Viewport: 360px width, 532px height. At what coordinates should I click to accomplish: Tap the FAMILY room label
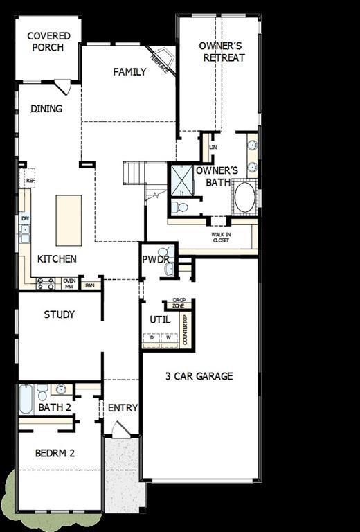coord(130,71)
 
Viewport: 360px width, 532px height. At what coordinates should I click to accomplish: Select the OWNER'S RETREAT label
coord(222,52)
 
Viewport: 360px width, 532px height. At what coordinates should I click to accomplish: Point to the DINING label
coord(46,108)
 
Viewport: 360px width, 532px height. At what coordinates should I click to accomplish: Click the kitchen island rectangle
coord(69,220)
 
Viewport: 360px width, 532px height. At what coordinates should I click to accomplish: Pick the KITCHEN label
coord(57,259)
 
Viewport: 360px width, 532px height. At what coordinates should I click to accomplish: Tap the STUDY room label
coord(60,314)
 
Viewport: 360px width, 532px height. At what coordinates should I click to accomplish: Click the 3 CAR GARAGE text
coord(199,376)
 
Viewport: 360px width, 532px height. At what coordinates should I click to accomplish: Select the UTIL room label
coord(160,319)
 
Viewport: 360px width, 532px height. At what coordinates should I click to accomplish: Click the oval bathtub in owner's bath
coord(245,197)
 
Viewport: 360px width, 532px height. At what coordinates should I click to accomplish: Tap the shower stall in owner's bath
coord(181,179)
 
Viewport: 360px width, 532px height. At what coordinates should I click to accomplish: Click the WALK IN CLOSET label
coord(222,238)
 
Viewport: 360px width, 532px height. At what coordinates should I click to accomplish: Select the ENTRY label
coord(123,408)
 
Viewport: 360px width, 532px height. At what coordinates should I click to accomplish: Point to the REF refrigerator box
coord(30,181)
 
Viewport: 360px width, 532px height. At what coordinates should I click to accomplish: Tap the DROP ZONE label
coord(178,303)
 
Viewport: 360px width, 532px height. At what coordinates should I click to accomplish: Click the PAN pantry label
coord(89,285)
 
